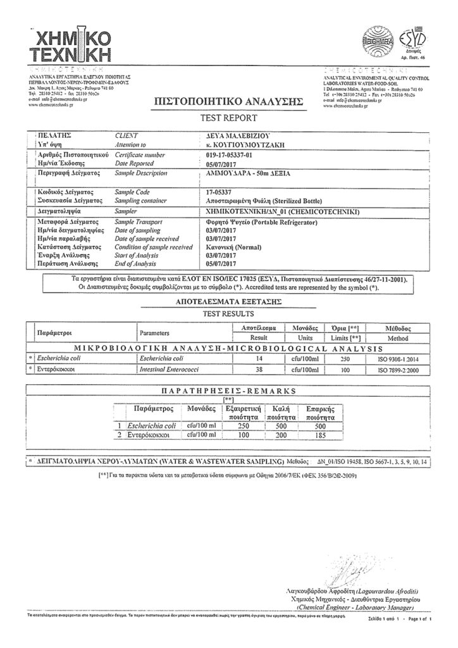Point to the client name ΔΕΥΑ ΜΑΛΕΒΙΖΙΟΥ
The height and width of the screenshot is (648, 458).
click(x=238, y=135)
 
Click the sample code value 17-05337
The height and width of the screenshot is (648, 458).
click(x=219, y=190)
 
